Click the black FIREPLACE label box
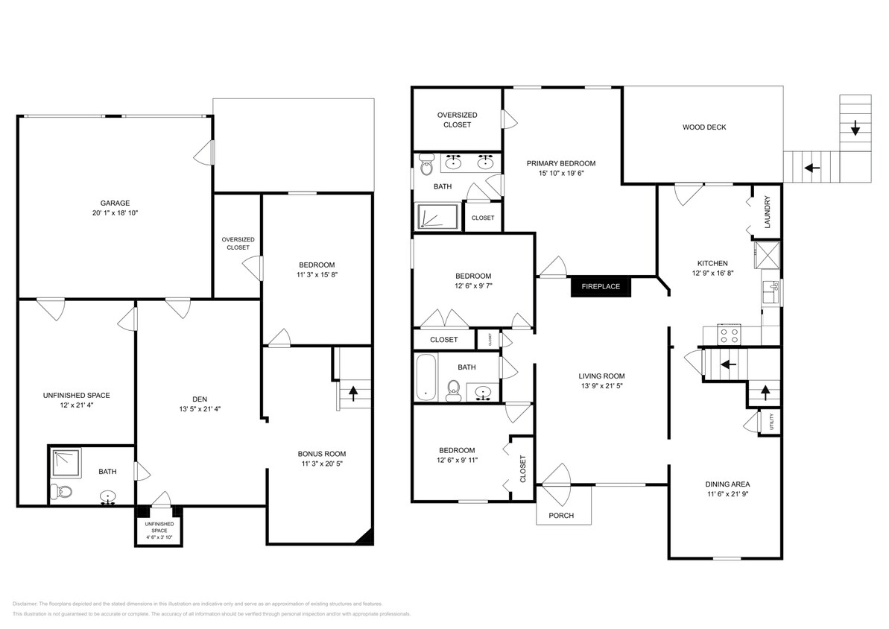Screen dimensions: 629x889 [x=601, y=286]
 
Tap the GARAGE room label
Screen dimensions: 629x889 [x=116, y=203]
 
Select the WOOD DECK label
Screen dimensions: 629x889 [x=703, y=127]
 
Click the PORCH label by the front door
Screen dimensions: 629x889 [x=561, y=516]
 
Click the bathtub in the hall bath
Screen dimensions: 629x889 [x=425, y=377]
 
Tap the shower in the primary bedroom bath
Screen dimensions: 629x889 [x=435, y=215]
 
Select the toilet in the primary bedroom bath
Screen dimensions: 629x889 [x=426, y=163]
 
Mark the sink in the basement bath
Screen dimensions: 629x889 [x=109, y=496]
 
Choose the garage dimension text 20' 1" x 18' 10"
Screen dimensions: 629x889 [x=116, y=213]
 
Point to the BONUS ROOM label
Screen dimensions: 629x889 [x=321, y=454]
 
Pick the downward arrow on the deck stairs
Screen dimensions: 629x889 [x=855, y=130]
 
